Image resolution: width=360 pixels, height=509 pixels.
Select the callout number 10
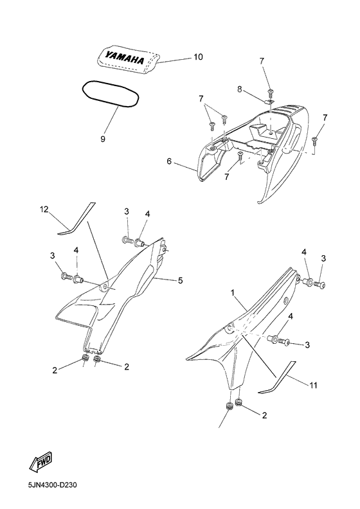coord(198,57)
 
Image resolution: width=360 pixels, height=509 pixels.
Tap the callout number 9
coord(103,139)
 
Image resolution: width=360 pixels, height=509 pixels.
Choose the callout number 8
coord(240,89)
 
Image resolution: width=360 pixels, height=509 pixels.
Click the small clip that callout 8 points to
coord(269,102)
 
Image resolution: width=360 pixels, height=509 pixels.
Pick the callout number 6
coord(169,161)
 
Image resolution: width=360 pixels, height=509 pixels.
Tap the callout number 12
coord(44,210)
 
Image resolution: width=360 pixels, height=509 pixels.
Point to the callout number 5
coord(180,280)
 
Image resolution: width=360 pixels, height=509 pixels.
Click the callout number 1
coord(233,293)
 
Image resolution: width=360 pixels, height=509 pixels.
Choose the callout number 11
coord(314,386)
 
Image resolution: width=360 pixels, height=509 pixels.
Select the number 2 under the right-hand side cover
coord(264,415)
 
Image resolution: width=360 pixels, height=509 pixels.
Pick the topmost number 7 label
coord(262,61)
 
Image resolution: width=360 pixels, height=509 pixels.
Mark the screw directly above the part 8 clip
coord(270,93)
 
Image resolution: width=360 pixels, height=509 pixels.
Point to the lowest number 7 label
coord(226,177)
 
